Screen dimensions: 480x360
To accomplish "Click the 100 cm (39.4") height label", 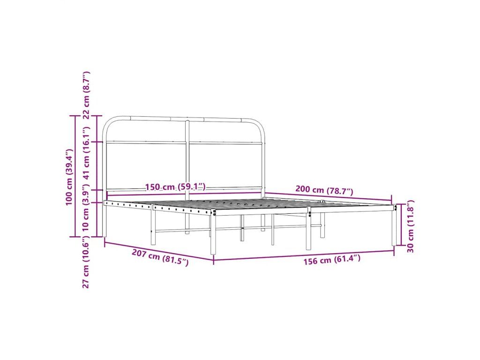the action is click(x=69, y=177).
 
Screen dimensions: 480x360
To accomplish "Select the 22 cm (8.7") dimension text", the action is click(x=87, y=95).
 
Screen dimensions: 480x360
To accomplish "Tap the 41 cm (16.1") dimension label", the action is click(x=87, y=157).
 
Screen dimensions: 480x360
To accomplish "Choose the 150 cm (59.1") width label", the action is click(x=175, y=187).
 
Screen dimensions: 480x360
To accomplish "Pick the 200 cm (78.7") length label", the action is click(x=324, y=190).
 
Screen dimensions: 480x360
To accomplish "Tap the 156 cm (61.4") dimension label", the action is click(x=332, y=260).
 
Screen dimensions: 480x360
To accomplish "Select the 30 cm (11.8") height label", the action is click(x=411, y=226).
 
